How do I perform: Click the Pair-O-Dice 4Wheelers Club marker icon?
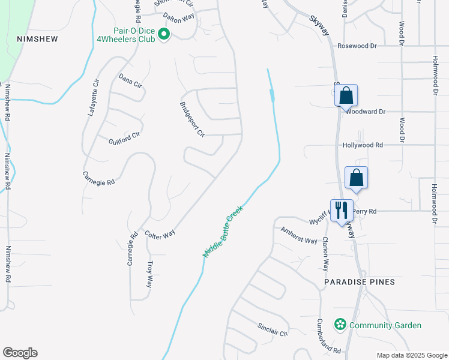point(164,34)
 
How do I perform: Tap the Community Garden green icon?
point(340,325)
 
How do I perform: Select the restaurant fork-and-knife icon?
point(342,211)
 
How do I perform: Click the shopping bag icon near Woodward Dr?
point(346,95)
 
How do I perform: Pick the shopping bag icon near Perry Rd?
point(357,178)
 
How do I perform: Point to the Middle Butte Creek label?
point(222,232)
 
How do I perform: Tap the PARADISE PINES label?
point(360,281)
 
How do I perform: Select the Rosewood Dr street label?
point(357,45)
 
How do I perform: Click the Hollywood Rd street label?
point(363,145)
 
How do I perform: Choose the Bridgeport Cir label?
point(193,119)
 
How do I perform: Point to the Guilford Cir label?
point(124,139)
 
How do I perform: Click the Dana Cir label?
point(130,81)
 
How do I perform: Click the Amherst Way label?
point(299,236)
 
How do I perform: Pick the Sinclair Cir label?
point(274,329)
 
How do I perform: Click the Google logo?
point(20,353)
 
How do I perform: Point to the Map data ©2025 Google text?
point(411,355)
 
